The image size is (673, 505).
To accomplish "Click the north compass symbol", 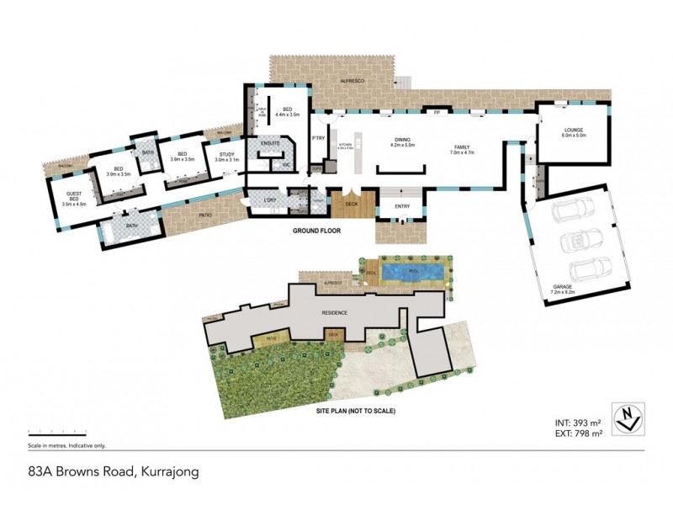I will click(627, 416).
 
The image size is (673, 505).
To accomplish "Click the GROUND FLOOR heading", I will click(316, 230).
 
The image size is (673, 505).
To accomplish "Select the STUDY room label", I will click(226, 156).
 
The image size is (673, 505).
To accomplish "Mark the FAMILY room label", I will click(463, 149).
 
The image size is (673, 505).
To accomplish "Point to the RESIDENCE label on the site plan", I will click(335, 312).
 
